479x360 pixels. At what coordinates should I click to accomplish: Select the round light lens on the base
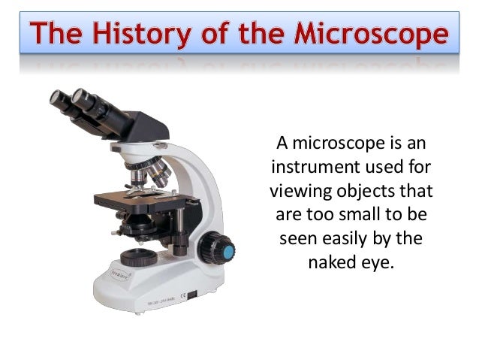coord(134,256)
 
